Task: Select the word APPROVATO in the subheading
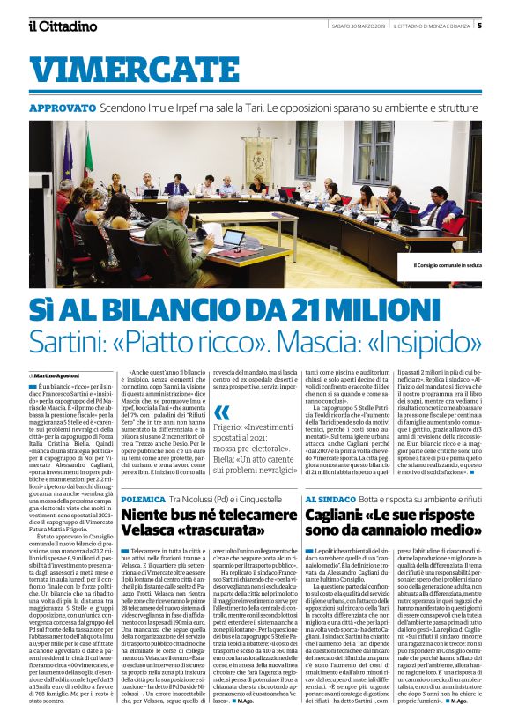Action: coord(63,108)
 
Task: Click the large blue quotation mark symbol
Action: coord(222,413)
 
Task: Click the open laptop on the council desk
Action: coord(233,238)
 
